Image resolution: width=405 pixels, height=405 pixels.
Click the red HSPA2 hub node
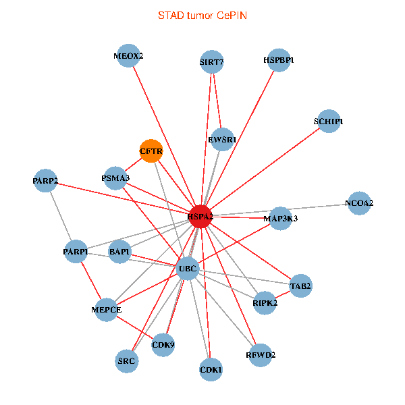(200, 216)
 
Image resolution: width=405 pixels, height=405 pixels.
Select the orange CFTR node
(151, 151)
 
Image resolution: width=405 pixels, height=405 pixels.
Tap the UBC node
(187, 269)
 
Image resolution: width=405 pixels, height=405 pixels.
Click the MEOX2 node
(128, 56)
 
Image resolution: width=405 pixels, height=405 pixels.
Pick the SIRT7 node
(212, 62)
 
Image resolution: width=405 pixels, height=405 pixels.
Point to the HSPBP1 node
(278, 60)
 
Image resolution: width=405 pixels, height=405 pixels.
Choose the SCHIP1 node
(328, 122)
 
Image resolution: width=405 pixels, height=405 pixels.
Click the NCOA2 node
(359, 202)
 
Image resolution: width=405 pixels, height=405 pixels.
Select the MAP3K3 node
(281, 218)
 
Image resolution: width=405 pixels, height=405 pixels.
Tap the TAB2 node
(300, 286)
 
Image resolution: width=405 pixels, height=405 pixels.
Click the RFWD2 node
(260, 354)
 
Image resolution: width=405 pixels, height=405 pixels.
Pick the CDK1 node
(211, 370)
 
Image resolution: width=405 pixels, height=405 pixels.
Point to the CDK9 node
(163, 345)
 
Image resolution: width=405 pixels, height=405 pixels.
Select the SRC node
(127, 361)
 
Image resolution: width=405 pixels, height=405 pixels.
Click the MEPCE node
(106, 310)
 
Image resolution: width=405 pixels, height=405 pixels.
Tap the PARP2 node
(45, 181)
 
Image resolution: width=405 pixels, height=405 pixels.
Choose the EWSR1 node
(222, 140)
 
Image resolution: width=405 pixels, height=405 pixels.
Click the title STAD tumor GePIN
(202, 15)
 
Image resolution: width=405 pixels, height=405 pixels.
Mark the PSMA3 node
(115, 178)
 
